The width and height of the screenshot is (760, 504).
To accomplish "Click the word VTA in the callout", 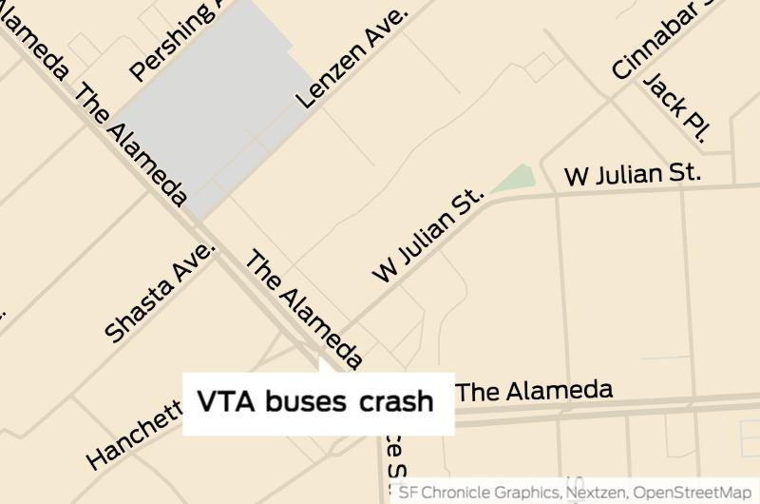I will [x=227, y=402].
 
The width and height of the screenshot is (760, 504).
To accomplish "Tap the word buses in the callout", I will [x=305, y=402].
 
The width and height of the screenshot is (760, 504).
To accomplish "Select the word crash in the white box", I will [x=396, y=402].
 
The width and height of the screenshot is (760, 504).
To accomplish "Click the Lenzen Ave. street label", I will [x=351, y=58].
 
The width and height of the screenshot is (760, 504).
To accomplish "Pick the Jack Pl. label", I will [x=676, y=107].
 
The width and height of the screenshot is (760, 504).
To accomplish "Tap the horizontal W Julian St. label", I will [x=632, y=175].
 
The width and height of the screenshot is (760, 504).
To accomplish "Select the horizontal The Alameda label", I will [x=534, y=391].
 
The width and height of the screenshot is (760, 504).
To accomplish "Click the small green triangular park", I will [x=517, y=179].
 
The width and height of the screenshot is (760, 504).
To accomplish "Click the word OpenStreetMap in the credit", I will [x=693, y=493].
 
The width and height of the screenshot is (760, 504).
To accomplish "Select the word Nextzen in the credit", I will [x=597, y=493].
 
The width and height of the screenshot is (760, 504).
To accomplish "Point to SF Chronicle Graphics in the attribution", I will [x=479, y=493].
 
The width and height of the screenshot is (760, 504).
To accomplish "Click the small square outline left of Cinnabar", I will [x=540, y=67].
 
